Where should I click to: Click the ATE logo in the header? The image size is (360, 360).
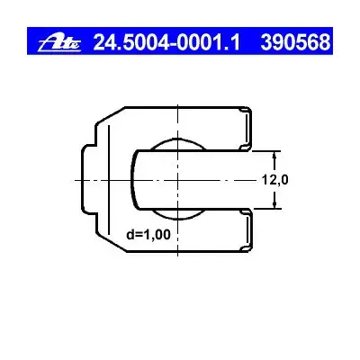click(59, 42)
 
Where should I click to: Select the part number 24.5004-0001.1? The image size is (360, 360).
click(166, 42)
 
